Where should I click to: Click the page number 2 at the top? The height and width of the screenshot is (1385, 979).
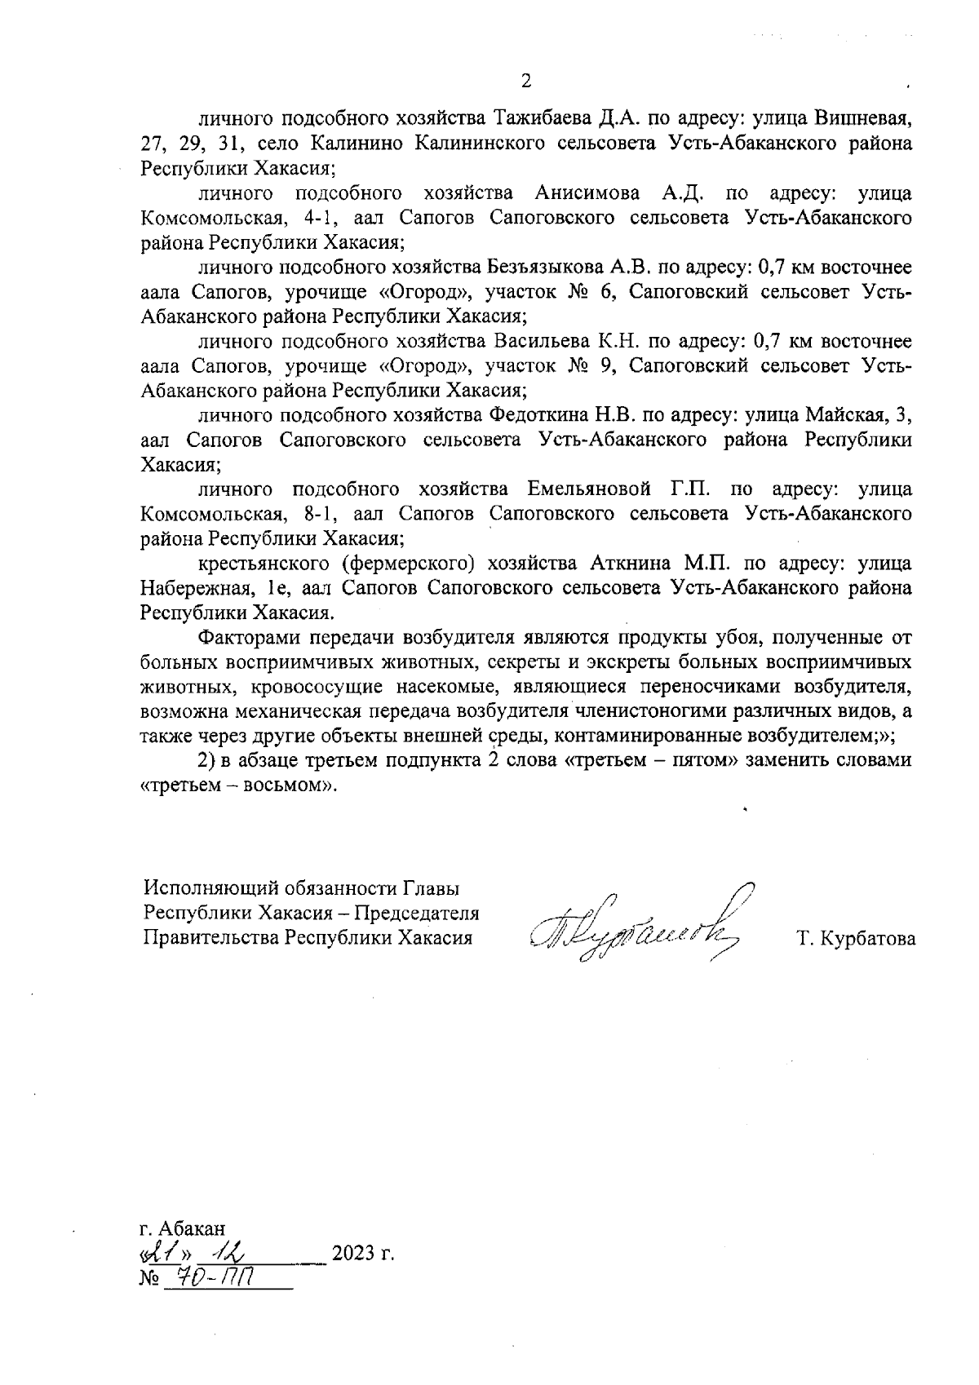pos(525,81)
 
